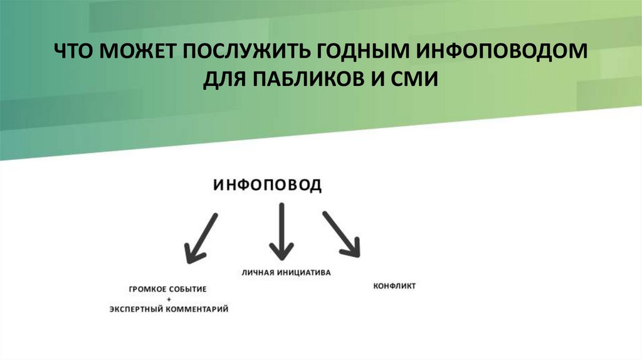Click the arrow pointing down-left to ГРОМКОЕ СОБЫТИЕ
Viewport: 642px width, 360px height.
(x=201, y=238)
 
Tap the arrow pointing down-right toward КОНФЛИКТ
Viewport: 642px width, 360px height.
(x=342, y=234)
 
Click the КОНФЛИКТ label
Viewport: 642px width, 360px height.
(x=394, y=286)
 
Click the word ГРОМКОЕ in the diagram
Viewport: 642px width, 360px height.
(x=146, y=290)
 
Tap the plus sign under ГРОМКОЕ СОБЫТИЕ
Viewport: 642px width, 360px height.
(x=168, y=300)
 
